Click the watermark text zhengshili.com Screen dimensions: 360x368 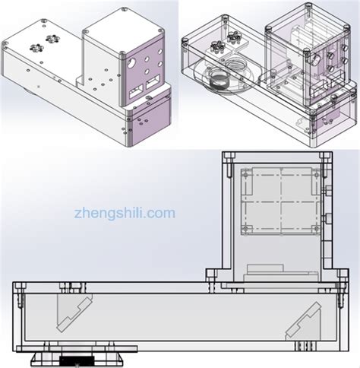(125, 214)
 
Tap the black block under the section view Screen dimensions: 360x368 (77, 360)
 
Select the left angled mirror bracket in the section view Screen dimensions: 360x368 (74, 313)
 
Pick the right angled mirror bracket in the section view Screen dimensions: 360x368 (303, 321)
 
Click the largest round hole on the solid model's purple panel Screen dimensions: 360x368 (131, 62)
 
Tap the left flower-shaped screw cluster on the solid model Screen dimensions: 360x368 (36, 47)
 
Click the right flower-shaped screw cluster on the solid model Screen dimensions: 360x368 (52, 39)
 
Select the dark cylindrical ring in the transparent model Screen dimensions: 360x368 (219, 80)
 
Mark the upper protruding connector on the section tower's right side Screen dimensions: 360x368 (328, 191)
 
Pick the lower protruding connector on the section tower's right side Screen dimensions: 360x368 (328, 218)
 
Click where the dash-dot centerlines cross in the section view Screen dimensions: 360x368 (281, 201)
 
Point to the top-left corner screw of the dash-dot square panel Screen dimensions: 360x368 (245, 175)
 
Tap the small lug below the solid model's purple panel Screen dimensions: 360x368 (149, 97)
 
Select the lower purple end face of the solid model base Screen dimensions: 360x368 (150, 125)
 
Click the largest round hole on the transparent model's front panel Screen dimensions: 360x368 (315, 59)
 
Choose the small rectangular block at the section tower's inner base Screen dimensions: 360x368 (265, 268)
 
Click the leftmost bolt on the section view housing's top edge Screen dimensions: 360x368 (20, 287)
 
